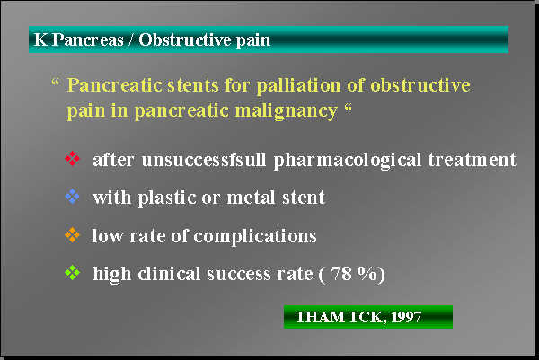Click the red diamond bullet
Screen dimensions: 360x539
(73, 160)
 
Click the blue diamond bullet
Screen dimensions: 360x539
(73, 197)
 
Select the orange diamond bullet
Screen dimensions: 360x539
(73, 235)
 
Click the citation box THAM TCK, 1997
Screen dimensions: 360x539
(367, 317)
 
